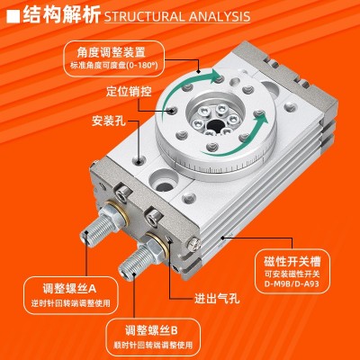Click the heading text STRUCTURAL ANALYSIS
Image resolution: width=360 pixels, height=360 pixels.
[x=177, y=16]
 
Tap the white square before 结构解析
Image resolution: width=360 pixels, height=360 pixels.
[x=13, y=16]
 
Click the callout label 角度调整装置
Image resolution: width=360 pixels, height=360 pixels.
[x=111, y=52]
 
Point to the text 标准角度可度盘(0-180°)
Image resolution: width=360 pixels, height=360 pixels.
[x=114, y=66]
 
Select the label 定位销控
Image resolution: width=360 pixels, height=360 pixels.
[x=129, y=91]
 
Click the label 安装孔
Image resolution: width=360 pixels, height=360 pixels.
[x=108, y=121]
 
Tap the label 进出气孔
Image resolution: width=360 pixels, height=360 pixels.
[x=217, y=298]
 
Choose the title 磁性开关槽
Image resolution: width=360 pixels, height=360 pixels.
[x=292, y=261]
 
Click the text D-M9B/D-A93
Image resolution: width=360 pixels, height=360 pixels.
[x=292, y=283]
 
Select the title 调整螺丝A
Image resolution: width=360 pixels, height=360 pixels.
[x=69, y=289]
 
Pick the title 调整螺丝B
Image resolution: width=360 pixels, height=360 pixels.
[x=151, y=330]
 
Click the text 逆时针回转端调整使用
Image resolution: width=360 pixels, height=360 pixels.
[x=71, y=303]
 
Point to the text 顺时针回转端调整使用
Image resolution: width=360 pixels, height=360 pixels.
[x=153, y=345]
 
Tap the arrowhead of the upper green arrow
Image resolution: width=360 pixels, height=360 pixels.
[x=216, y=76]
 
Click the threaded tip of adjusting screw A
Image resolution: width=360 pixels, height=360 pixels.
[x=85, y=236]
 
